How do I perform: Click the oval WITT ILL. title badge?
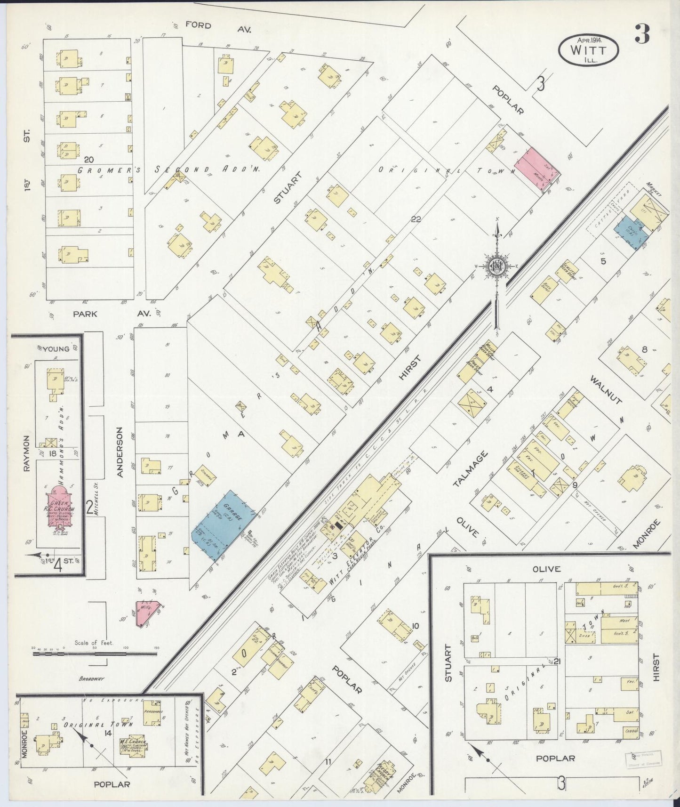(588, 49)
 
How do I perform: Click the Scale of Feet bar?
(94, 654)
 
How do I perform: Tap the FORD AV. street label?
(218, 27)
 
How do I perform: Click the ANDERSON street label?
(120, 452)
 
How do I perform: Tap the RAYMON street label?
(26, 453)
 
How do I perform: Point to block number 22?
(416, 219)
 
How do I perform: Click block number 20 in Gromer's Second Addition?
(89, 160)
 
